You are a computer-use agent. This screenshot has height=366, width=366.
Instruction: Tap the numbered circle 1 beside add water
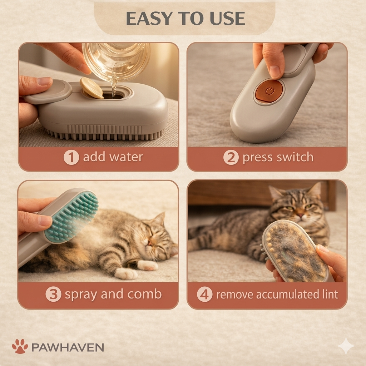coord(71,158)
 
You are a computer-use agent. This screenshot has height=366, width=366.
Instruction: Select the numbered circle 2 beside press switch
coord(231,158)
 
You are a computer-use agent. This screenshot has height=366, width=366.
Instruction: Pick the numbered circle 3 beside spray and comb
coord(53,295)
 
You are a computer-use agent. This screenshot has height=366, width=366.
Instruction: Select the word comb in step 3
coord(144,295)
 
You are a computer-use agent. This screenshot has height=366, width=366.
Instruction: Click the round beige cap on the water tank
coord(92,88)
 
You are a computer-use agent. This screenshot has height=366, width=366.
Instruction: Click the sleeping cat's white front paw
coord(126,273)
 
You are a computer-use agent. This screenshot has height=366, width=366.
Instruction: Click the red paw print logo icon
coord(20,346)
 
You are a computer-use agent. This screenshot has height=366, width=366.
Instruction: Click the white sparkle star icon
coord(346,346)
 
